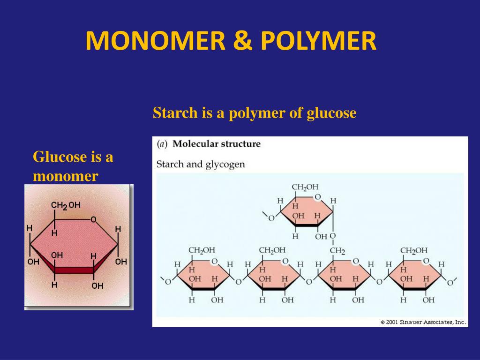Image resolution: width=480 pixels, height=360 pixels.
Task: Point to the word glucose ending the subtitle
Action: point(331,113)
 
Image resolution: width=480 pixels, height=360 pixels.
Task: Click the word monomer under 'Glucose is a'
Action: point(65,176)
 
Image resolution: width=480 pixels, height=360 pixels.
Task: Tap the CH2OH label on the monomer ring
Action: point(66,205)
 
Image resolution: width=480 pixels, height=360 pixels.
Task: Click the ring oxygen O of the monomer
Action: point(93,219)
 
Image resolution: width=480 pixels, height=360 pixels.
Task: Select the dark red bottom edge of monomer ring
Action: point(74,270)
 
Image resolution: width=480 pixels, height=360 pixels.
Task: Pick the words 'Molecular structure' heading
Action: point(217,144)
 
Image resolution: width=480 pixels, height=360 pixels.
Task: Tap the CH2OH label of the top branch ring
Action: point(305,187)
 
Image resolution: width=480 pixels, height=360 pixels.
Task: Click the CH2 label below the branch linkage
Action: point(337,251)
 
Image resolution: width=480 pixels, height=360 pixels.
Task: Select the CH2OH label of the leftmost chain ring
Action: point(202,250)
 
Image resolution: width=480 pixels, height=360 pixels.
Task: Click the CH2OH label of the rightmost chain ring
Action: point(414,250)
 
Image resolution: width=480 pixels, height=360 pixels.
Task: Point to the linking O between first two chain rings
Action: point(238,282)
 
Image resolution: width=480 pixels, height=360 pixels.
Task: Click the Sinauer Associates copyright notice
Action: point(423,322)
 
